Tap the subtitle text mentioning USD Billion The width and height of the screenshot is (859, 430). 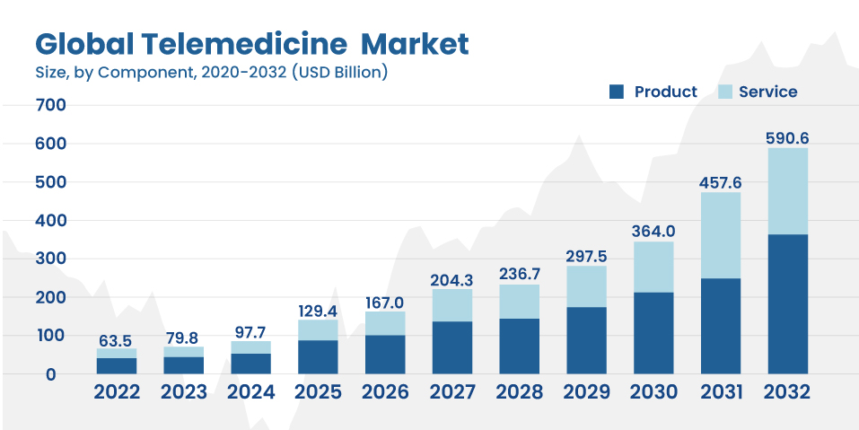coord(211,72)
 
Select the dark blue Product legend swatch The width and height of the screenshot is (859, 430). coord(616,92)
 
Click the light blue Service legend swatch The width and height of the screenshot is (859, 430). coord(725,92)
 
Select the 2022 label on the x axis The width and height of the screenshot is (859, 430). coord(117,392)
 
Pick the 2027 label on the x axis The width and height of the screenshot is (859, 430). coord(451,392)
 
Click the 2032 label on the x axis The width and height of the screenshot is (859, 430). coord(787,392)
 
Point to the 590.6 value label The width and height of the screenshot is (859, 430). coord(787,138)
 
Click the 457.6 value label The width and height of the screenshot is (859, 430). coord(720,183)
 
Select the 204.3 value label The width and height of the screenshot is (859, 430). coord(451,279)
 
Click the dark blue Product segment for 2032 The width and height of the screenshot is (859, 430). coord(787,303)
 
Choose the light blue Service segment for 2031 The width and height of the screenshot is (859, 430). coord(720,235)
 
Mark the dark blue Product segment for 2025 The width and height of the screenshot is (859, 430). coord(318,356)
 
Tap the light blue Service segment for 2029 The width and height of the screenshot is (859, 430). coord(586,286)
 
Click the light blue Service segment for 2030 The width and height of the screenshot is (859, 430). coord(653,267)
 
